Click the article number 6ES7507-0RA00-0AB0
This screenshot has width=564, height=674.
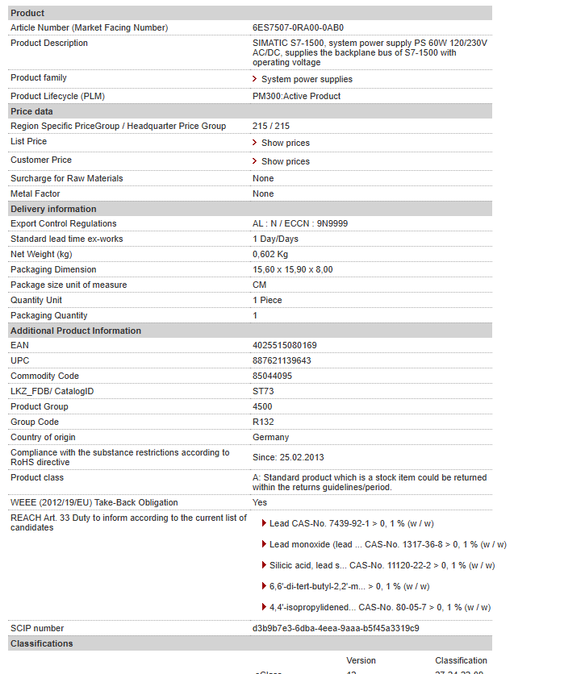(298, 27)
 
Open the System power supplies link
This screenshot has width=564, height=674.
(306, 79)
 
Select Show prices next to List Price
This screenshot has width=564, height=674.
(285, 143)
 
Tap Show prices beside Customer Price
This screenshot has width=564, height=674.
(285, 161)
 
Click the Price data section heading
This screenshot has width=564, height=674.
(31, 111)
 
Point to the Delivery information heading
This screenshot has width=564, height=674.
(53, 209)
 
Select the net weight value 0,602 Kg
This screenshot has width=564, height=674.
(270, 254)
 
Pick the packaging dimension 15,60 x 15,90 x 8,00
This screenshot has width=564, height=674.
(292, 269)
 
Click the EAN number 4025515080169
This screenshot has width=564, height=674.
(284, 345)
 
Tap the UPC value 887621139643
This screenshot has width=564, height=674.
(282, 360)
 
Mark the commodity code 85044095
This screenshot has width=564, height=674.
(272, 376)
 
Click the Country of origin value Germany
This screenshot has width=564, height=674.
(270, 437)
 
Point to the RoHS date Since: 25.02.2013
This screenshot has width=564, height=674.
(288, 457)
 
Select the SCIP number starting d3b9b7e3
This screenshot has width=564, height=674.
(336, 628)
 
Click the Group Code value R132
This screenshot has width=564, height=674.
(263, 422)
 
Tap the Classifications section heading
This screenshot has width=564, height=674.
(41, 643)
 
